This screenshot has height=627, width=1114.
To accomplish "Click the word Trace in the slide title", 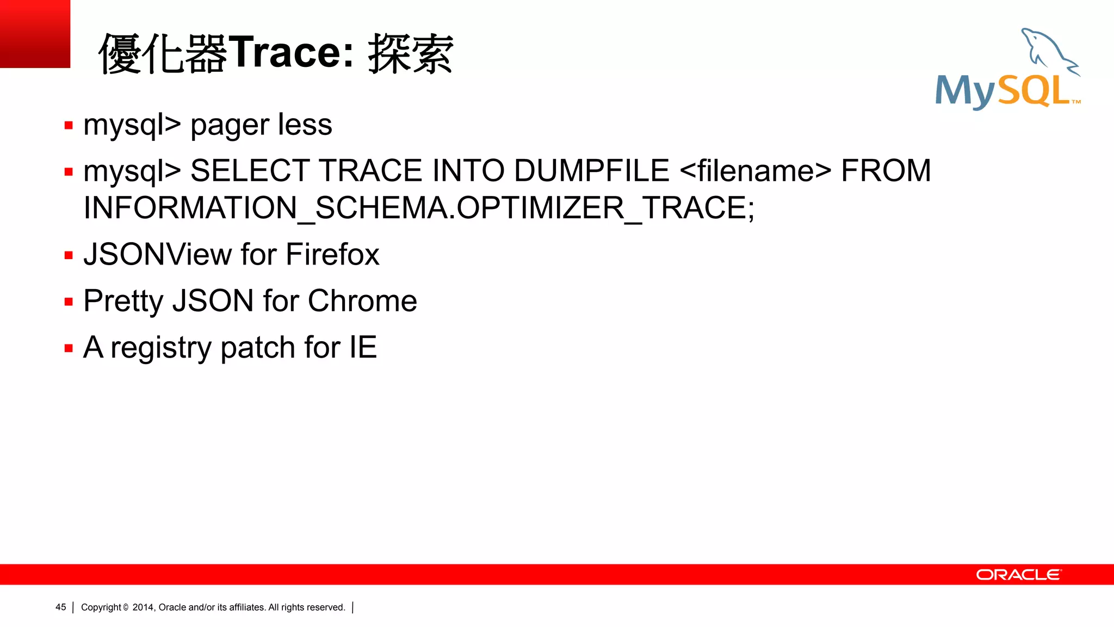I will tap(286, 53).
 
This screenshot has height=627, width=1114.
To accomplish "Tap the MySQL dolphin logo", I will tap(1008, 70).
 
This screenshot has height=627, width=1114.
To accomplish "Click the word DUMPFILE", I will tap(591, 171).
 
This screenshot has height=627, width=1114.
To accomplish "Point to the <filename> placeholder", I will tap(756, 171).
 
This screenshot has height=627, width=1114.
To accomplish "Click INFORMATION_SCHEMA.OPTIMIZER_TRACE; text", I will tap(419, 208).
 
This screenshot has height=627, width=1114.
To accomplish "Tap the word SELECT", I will tap(250, 171).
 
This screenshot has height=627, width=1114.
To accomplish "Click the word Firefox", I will tap(332, 255).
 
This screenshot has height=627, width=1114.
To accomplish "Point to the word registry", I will tap(161, 349).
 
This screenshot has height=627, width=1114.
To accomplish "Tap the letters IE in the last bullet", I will tap(363, 347).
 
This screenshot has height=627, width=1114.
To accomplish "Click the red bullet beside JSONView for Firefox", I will tap(69, 255).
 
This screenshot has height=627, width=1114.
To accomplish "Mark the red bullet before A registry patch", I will tap(69, 348).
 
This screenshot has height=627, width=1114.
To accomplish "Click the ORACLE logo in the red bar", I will tap(1018, 575).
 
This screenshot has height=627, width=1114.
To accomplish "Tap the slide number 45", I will tap(61, 607).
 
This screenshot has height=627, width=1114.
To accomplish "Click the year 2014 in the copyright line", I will tap(144, 607).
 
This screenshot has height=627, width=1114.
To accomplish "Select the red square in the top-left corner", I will tap(35, 34).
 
